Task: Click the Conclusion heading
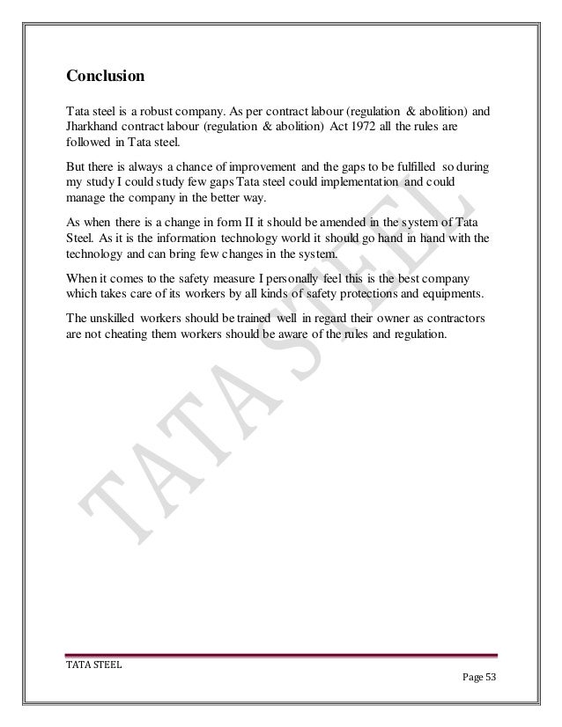pos(105,77)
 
